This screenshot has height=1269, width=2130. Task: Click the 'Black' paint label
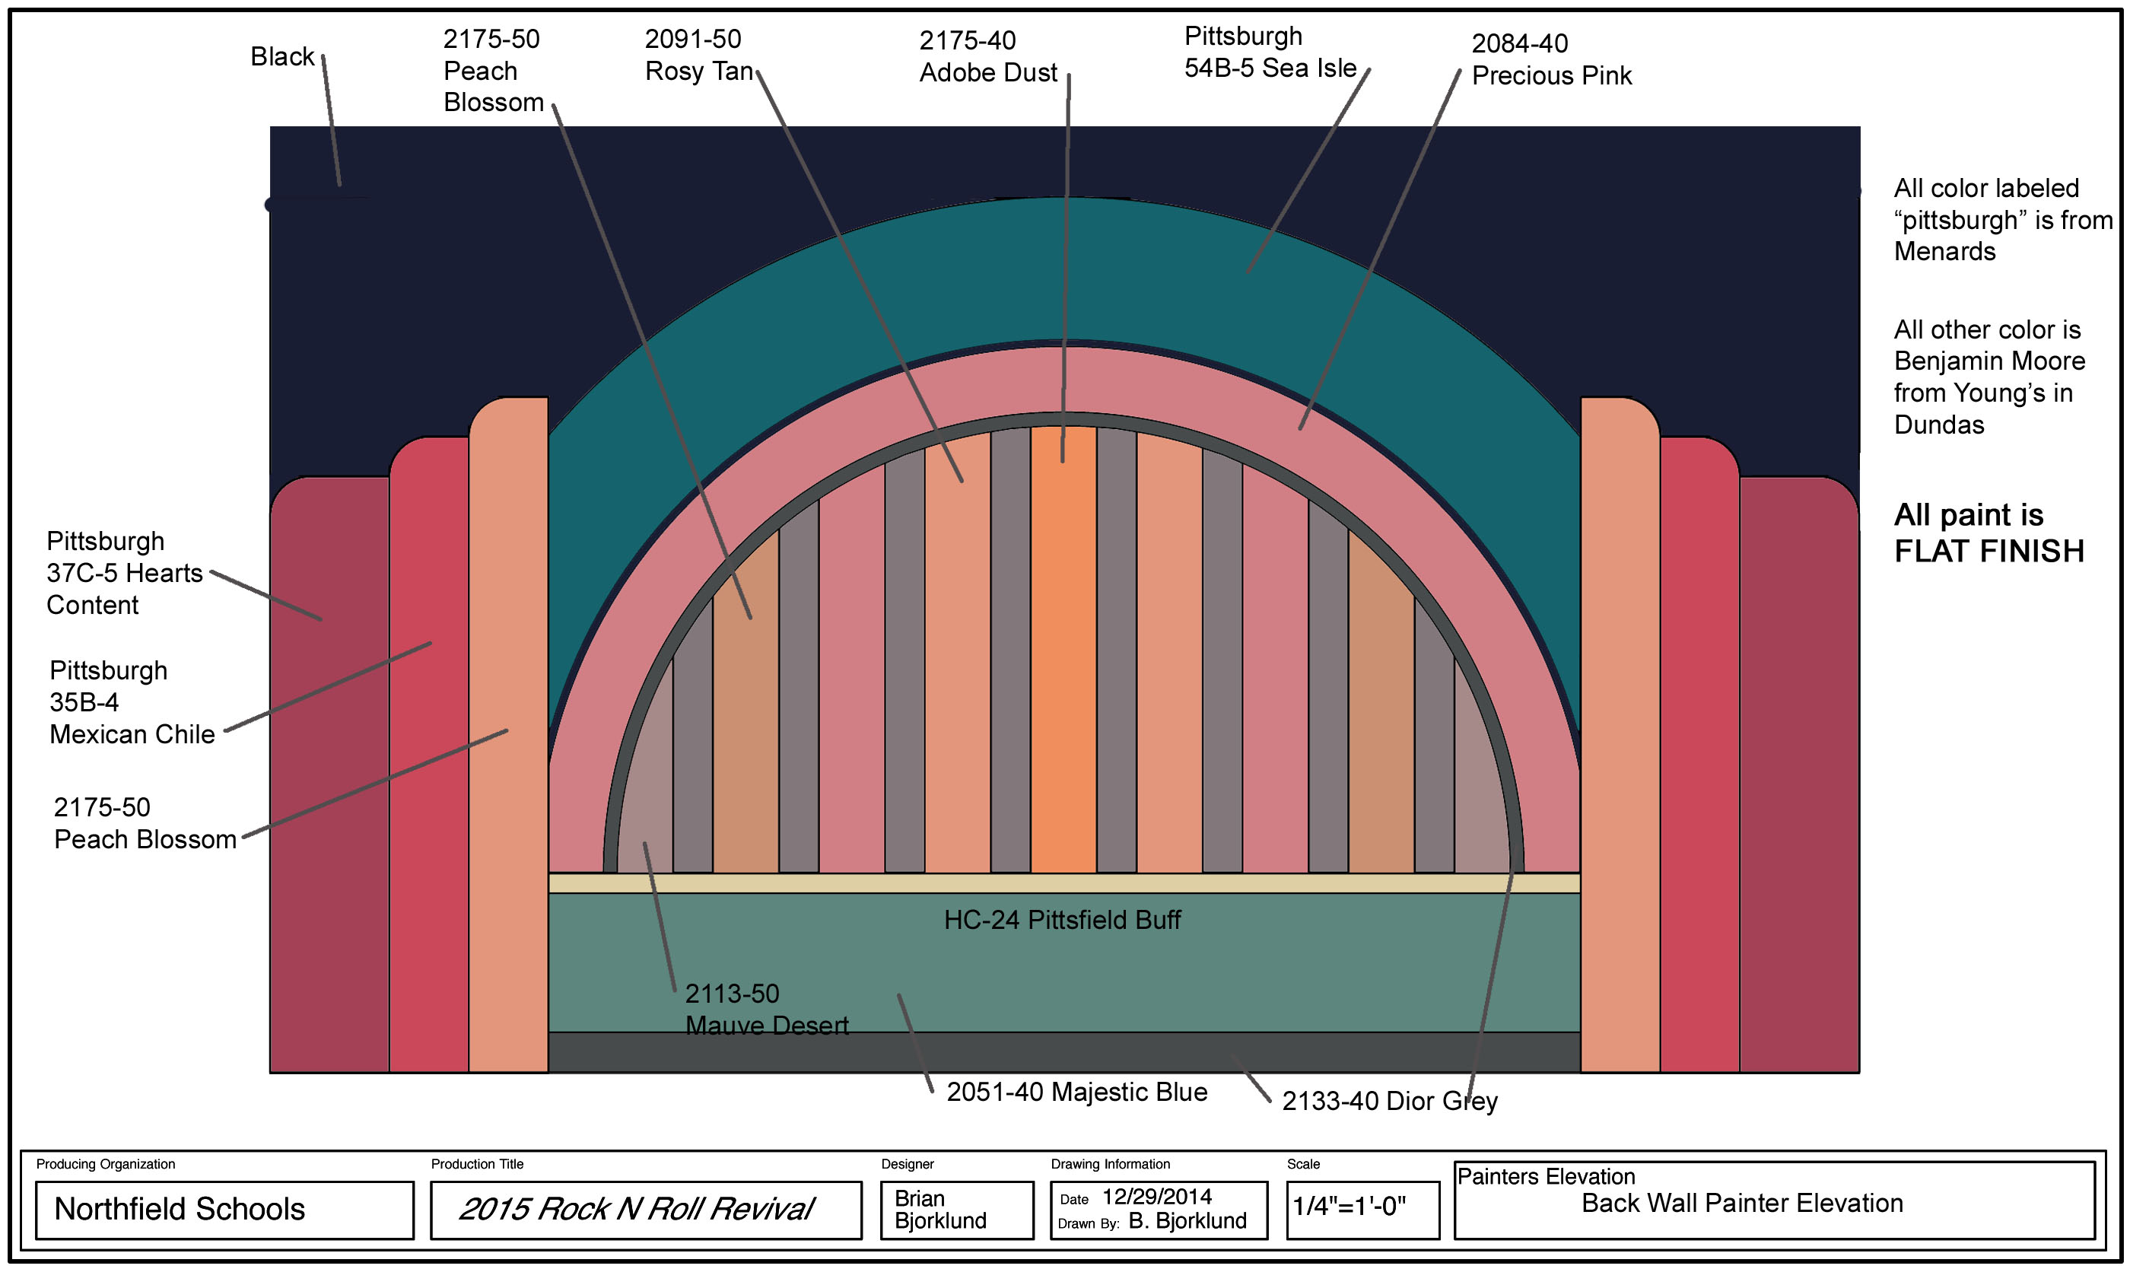tap(282, 56)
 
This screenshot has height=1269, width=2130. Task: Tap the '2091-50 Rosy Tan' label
tap(698, 56)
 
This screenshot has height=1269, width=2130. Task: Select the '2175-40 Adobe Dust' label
tap(987, 56)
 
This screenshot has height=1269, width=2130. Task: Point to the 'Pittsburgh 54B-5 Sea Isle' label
tap(1269, 52)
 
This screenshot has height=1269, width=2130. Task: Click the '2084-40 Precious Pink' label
tap(1550, 60)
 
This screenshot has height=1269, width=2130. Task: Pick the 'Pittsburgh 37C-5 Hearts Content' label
tap(124, 573)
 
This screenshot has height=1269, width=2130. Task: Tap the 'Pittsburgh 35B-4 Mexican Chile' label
tap(132, 702)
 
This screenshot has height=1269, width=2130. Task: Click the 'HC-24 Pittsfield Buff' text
tap(1061, 920)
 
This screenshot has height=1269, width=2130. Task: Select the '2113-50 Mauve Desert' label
tap(766, 1010)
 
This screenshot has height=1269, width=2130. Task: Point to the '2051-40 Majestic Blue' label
tap(1076, 1092)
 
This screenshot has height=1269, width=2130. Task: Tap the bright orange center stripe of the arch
tap(1063, 650)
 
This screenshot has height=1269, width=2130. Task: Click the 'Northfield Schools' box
tap(224, 1209)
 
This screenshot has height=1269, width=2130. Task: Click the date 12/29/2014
tap(1156, 1196)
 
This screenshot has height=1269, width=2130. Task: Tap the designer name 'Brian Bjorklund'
tap(939, 1209)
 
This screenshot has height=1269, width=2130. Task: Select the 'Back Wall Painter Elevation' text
tap(1741, 1203)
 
